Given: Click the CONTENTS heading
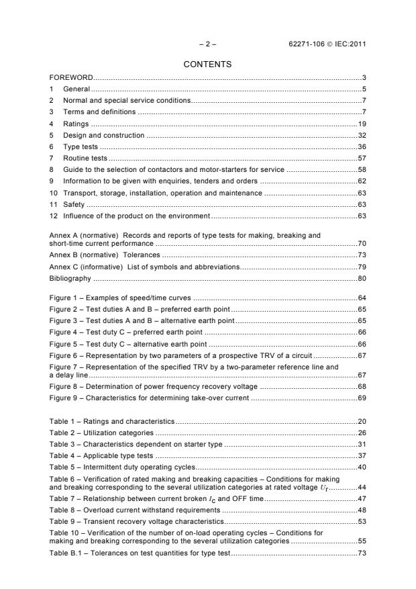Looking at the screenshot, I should tap(208, 64).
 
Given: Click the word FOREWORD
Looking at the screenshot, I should tap(71, 78).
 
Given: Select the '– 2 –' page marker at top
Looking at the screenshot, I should tap(208, 44).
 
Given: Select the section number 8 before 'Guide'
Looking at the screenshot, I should tap(52, 169).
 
